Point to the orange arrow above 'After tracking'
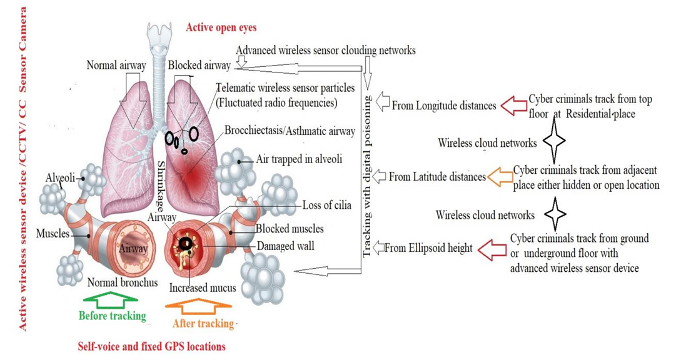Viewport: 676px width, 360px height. click(x=201, y=305)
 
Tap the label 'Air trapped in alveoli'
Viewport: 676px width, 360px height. click(x=299, y=159)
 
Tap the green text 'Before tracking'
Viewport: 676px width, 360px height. click(x=113, y=316)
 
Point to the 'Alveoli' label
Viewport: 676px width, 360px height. click(x=61, y=178)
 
